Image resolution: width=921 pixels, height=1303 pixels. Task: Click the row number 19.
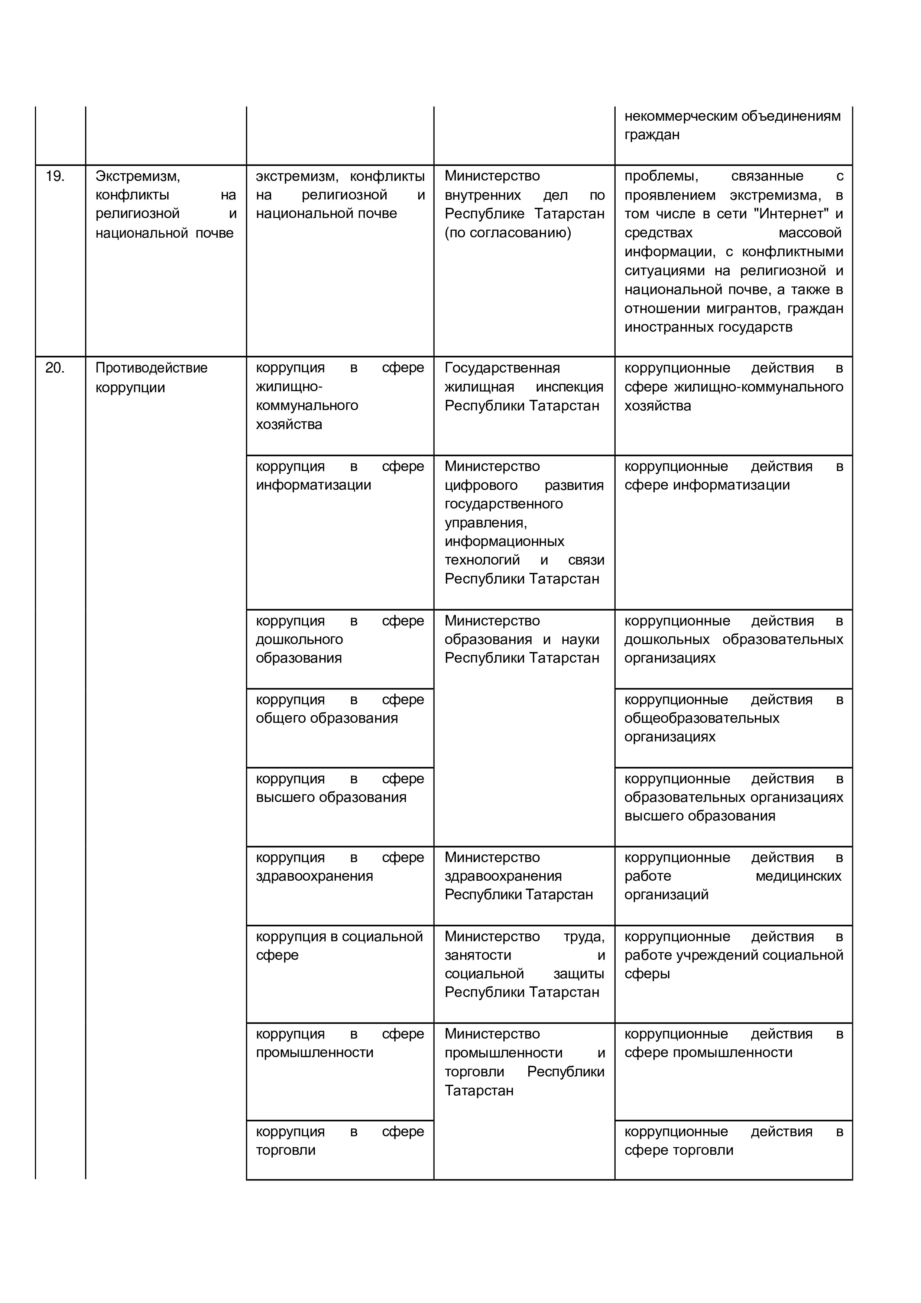55,176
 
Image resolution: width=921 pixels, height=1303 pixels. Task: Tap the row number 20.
55,368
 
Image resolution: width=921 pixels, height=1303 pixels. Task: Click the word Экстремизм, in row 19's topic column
137,176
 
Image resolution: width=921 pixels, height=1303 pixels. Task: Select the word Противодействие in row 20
152,368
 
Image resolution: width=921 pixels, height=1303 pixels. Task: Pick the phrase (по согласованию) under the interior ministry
507,233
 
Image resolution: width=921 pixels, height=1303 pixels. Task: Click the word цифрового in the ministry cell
481,485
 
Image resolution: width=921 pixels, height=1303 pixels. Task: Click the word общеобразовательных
701,718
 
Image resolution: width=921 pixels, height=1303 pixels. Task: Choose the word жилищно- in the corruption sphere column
289,387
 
